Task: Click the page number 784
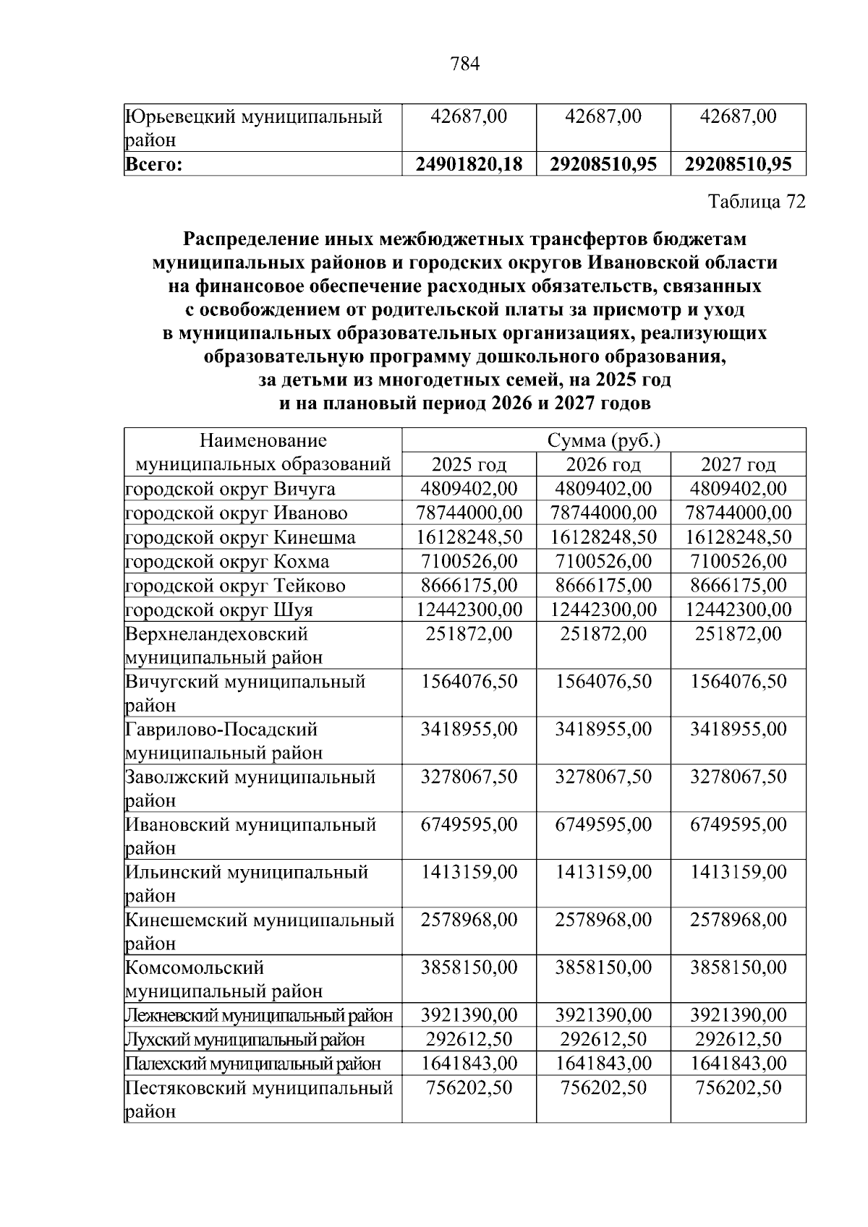(x=465, y=65)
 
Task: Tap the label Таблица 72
(x=756, y=202)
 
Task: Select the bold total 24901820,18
(x=469, y=164)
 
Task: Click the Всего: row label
(x=153, y=165)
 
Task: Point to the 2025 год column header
(x=469, y=464)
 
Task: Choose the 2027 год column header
(x=738, y=464)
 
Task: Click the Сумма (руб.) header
(x=603, y=440)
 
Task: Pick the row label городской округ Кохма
(x=227, y=561)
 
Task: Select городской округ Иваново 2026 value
(x=603, y=513)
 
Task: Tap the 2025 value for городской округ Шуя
(x=469, y=609)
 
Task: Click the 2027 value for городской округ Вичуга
(x=738, y=489)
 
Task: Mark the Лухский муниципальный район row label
(x=244, y=1040)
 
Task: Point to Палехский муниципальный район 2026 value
(x=603, y=1064)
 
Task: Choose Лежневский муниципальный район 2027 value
(x=738, y=1015)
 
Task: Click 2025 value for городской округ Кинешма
(x=469, y=537)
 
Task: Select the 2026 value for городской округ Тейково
(x=603, y=585)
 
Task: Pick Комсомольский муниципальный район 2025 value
(x=469, y=967)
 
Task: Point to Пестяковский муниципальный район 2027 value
(x=738, y=1087)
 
